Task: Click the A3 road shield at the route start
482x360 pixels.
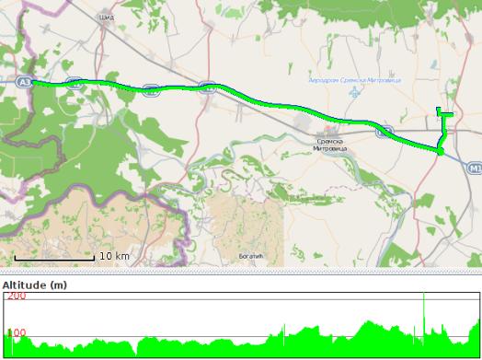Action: coord(24,82)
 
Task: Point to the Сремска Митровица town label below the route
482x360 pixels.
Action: coord(333,145)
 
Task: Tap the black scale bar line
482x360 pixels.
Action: coord(54,261)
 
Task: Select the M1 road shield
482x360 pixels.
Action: coord(474,168)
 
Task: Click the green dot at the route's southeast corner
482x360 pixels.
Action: coord(441,150)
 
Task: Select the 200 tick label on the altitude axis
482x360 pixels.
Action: coord(16,296)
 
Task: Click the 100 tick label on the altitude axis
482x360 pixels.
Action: coord(17,333)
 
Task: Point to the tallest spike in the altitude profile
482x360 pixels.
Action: coord(424,296)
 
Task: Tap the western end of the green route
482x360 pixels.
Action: coord(33,82)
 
